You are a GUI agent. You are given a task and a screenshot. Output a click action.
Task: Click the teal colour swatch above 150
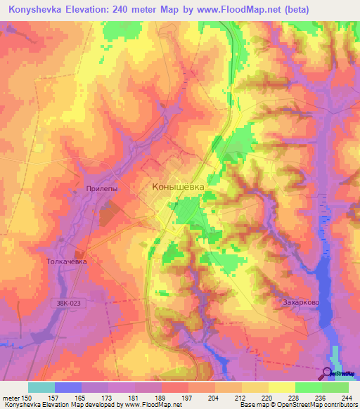coord(41,387)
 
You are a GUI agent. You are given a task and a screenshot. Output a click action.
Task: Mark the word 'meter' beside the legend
coord(11,397)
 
